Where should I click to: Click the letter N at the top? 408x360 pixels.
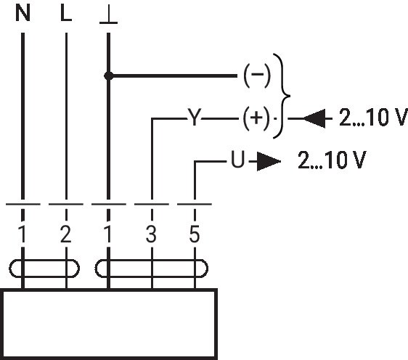tap(23, 13)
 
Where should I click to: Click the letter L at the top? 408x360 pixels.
tap(66, 13)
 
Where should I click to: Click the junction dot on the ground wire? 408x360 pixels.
tap(108, 76)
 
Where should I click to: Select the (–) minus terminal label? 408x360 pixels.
tap(257, 75)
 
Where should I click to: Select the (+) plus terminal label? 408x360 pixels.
tap(256, 118)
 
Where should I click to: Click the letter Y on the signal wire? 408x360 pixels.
tap(195, 118)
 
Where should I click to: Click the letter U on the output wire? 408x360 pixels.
tap(238, 159)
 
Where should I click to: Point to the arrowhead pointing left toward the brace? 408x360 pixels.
tap(314, 118)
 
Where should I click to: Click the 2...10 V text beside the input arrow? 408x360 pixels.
tap(373, 118)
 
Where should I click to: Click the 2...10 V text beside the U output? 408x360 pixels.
tap(332, 160)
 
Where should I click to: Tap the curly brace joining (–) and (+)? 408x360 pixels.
tap(282, 96)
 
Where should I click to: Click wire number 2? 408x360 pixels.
tap(65, 234)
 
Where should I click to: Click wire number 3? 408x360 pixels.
tap(151, 234)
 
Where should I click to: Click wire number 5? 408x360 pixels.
tap(195, 234)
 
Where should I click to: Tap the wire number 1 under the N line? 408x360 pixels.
tap(23, 234)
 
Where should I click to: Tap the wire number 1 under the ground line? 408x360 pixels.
tap(108, 234)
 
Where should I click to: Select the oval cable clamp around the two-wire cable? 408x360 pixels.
tap(44, 260)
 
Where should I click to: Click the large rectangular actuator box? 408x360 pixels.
tap(110, 290)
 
